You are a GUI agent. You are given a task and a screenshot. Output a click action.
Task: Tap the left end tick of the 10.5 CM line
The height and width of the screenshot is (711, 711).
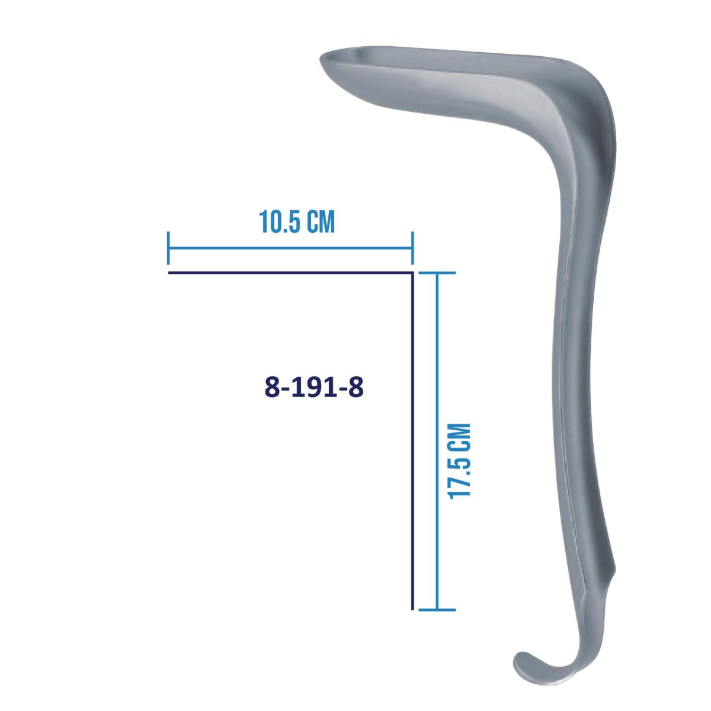point(169,248)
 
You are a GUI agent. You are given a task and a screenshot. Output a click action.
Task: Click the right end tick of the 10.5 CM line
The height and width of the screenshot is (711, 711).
point(412,248)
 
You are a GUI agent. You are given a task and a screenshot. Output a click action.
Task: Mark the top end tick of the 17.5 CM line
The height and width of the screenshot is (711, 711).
point(437,273)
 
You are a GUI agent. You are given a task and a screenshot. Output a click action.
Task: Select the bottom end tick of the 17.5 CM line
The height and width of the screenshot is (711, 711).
point(437,609)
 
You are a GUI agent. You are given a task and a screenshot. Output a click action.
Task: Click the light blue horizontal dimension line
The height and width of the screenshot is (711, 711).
point(290,248)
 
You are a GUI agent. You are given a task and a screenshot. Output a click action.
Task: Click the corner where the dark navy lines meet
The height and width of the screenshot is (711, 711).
point(412,273)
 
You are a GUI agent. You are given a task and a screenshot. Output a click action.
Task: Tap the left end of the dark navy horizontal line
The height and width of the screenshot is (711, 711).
point(170,273)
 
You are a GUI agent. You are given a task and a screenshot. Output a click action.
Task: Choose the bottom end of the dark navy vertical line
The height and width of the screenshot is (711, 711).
point(412,608)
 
